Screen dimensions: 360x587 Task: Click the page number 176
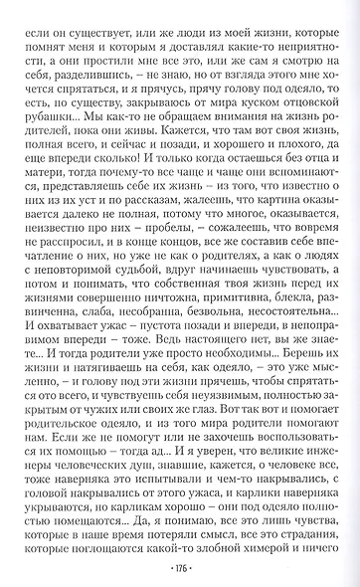[180, 571]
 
